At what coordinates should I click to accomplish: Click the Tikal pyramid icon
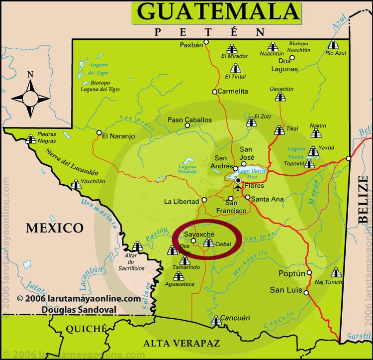280,130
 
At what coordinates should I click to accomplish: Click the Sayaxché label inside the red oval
198,234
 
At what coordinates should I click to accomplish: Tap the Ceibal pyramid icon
208,243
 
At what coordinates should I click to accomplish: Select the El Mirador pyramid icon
231,49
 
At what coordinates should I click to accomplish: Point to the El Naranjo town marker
99,133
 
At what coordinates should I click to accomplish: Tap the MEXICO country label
55,228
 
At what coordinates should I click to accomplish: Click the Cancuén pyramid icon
215,321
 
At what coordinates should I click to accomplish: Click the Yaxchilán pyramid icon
76,185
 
